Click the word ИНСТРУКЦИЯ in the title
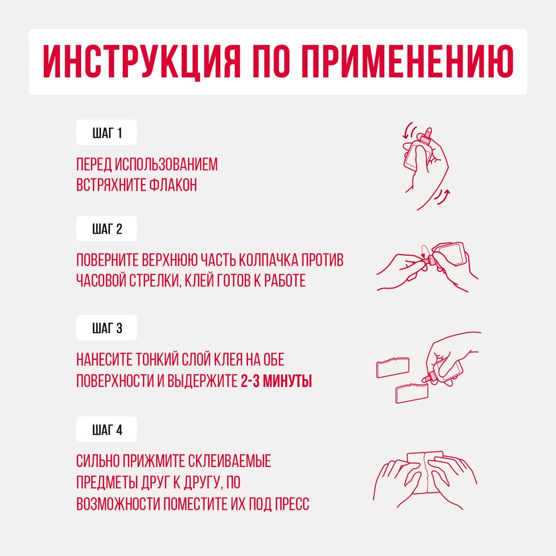coord(142,62)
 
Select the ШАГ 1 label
coord(107,133)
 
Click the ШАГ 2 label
coord(107,229)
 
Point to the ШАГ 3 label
coord(107,329)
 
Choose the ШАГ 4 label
coord(107,430)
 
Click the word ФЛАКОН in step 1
coord(173,185)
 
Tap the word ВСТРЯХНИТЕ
coord(111,185)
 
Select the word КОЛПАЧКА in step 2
coord(268,260)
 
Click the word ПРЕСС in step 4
coord(292,504)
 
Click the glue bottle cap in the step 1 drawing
coord(426,135)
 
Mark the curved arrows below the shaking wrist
coord(442,196)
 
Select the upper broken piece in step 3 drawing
coord(393,368)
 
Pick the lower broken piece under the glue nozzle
coord(411,393)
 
